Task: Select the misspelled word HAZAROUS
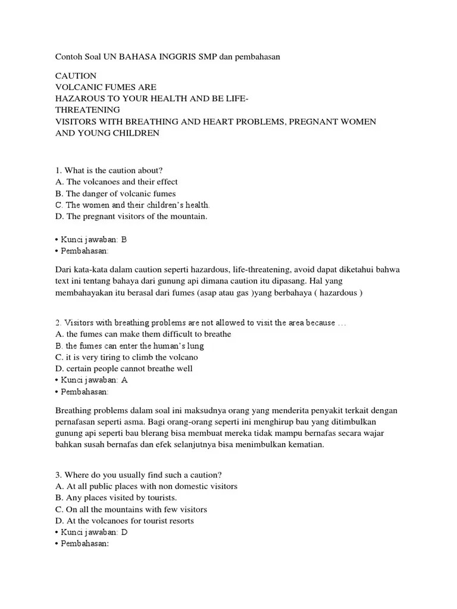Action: click(77, 99)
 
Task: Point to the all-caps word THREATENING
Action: click(87, 110)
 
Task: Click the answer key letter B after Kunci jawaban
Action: click(124, 240)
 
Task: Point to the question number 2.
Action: click(58, 322)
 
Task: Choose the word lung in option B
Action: click(212, 346)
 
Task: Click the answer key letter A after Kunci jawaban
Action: click(124, 379)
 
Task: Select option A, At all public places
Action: click(146, 486)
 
